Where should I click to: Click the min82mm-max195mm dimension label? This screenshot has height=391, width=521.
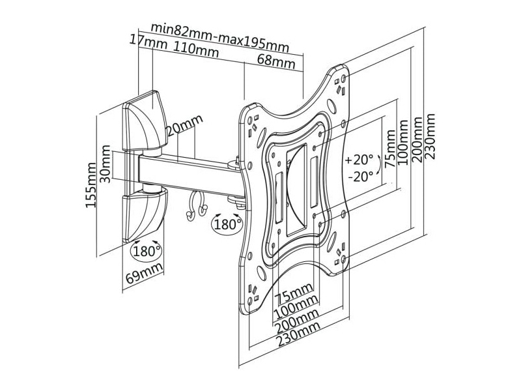pos(219,37)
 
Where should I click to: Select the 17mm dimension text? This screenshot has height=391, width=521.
pos(148,42)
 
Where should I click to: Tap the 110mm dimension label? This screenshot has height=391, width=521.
pos(196,50)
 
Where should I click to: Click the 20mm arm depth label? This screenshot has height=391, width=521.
pos(185,126)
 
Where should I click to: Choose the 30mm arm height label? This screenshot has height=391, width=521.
pos(106,164)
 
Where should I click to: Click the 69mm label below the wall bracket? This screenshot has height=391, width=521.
pos(145,272)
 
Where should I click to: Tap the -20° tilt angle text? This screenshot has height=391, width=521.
pos(361,177)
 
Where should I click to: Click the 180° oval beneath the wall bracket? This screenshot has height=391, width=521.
pos(147,251)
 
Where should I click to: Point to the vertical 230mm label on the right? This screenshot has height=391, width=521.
pos(430,137)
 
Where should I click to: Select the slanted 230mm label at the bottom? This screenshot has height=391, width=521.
pos(299,334)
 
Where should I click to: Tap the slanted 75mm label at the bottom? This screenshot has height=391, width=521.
pos(295,293)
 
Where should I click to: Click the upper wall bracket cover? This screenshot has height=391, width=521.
pos(145,122)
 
